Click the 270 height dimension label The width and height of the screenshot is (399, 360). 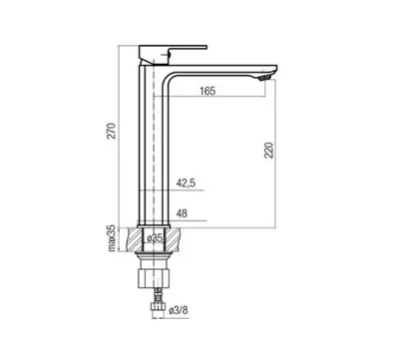coord(113,131)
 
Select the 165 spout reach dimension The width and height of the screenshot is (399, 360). coord(207,91)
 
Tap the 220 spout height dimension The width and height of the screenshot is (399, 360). coord(269,151)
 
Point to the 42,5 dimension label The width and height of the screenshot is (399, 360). coord(186,182)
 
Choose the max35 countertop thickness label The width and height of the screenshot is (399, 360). coord(113,238)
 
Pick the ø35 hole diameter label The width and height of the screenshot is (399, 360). coord(154,238)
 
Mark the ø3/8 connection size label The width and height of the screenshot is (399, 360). coord(179,311)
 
